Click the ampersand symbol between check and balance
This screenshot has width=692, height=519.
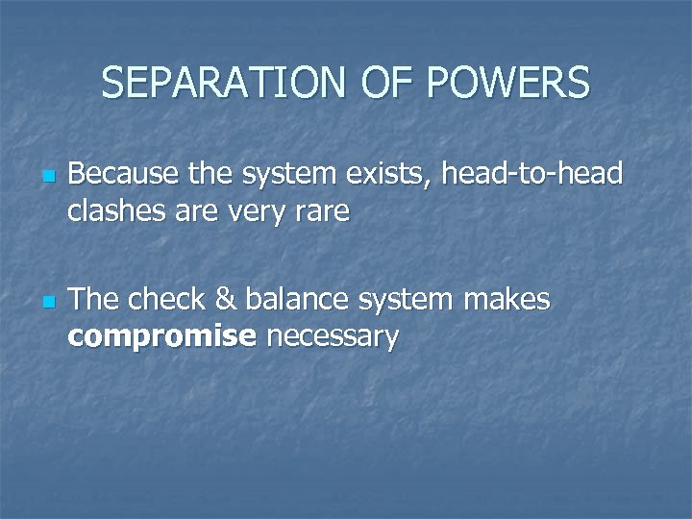[x=224, y=300]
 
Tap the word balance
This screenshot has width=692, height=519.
[x=294, y=300]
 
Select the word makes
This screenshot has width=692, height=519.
[x=507, y=300]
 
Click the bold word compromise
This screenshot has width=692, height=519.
[x=162, y=337]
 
